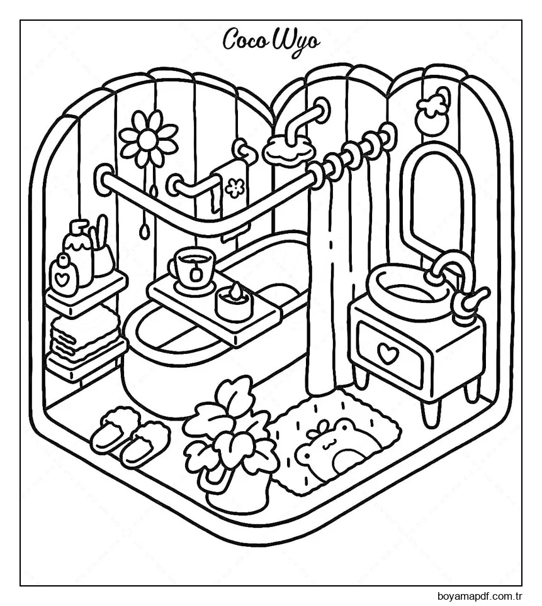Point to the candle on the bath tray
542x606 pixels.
point(234,303)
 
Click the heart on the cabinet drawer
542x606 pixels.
point(388,354)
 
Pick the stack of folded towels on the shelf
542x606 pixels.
point(85,336)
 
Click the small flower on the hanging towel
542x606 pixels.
point(234,187)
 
